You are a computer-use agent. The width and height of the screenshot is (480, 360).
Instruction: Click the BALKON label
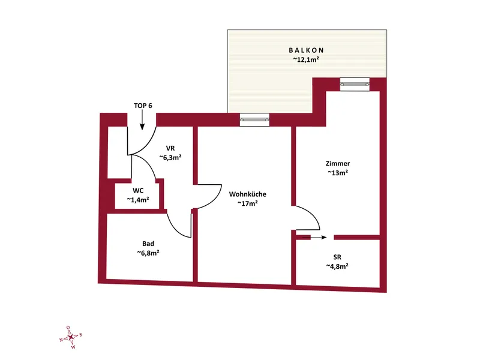306,50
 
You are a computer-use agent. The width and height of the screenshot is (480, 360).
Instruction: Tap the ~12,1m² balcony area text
306,59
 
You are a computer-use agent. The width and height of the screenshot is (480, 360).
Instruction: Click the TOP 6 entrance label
143,106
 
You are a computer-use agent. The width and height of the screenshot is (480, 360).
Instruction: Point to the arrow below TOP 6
142,119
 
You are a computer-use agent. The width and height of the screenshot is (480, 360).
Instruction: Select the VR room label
170,148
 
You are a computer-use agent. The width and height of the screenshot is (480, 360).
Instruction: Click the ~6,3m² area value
170,157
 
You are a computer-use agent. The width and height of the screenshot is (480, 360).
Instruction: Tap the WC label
138,190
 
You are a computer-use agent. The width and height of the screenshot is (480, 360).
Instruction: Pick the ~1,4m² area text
138,200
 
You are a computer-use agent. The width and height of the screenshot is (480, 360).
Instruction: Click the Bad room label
148,244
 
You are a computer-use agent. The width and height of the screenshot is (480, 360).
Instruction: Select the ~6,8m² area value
148,253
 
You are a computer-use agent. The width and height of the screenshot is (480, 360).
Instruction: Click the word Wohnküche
248,194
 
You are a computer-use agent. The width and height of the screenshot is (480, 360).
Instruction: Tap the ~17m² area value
248,203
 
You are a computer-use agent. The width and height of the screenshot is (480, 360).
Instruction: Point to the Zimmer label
338,163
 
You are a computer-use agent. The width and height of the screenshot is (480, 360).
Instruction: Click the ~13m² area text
338,173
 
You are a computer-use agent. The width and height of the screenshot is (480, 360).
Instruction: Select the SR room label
337,257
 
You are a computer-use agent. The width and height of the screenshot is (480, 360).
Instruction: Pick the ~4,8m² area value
337,266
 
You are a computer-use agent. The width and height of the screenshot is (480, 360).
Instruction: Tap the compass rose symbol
71,337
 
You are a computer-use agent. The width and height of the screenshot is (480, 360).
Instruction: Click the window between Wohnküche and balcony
254,119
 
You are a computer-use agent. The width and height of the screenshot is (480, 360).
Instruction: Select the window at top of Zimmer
355,84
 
